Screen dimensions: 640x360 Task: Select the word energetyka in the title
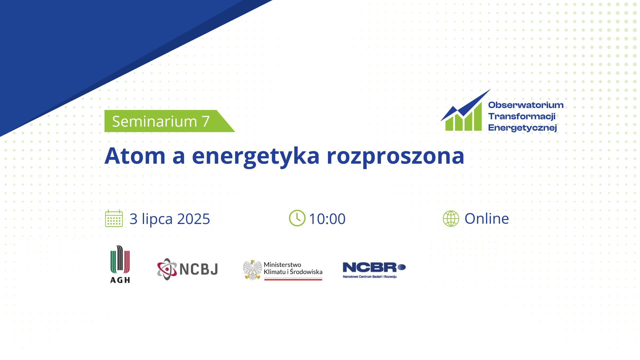click(256, 157)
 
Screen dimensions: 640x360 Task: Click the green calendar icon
click(114, 218)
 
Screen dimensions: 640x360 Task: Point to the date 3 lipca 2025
click(170, 219)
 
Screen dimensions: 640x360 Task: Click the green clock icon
click(297, 218)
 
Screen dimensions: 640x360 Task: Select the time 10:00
click(327, 219)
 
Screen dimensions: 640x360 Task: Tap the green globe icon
click(451, 219)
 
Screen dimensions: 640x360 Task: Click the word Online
click(487, 219)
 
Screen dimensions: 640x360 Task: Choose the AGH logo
click(120, 264)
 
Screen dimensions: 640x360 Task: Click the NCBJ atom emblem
click(167, 269)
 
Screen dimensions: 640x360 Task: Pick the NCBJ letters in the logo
click(199, 269)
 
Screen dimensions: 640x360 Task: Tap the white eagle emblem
click(252, 270)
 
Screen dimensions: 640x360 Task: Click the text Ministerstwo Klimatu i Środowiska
click(293, 268)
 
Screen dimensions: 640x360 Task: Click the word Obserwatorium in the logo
click(526, 105)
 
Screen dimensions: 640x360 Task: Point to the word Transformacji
click(522, 116)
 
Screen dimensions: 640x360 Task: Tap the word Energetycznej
click(522, 128)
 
